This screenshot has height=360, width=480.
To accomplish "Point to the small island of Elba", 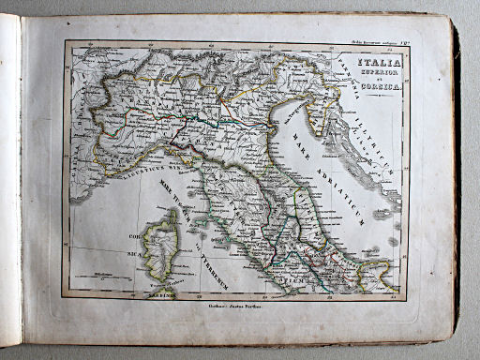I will (x=200, y=224).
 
